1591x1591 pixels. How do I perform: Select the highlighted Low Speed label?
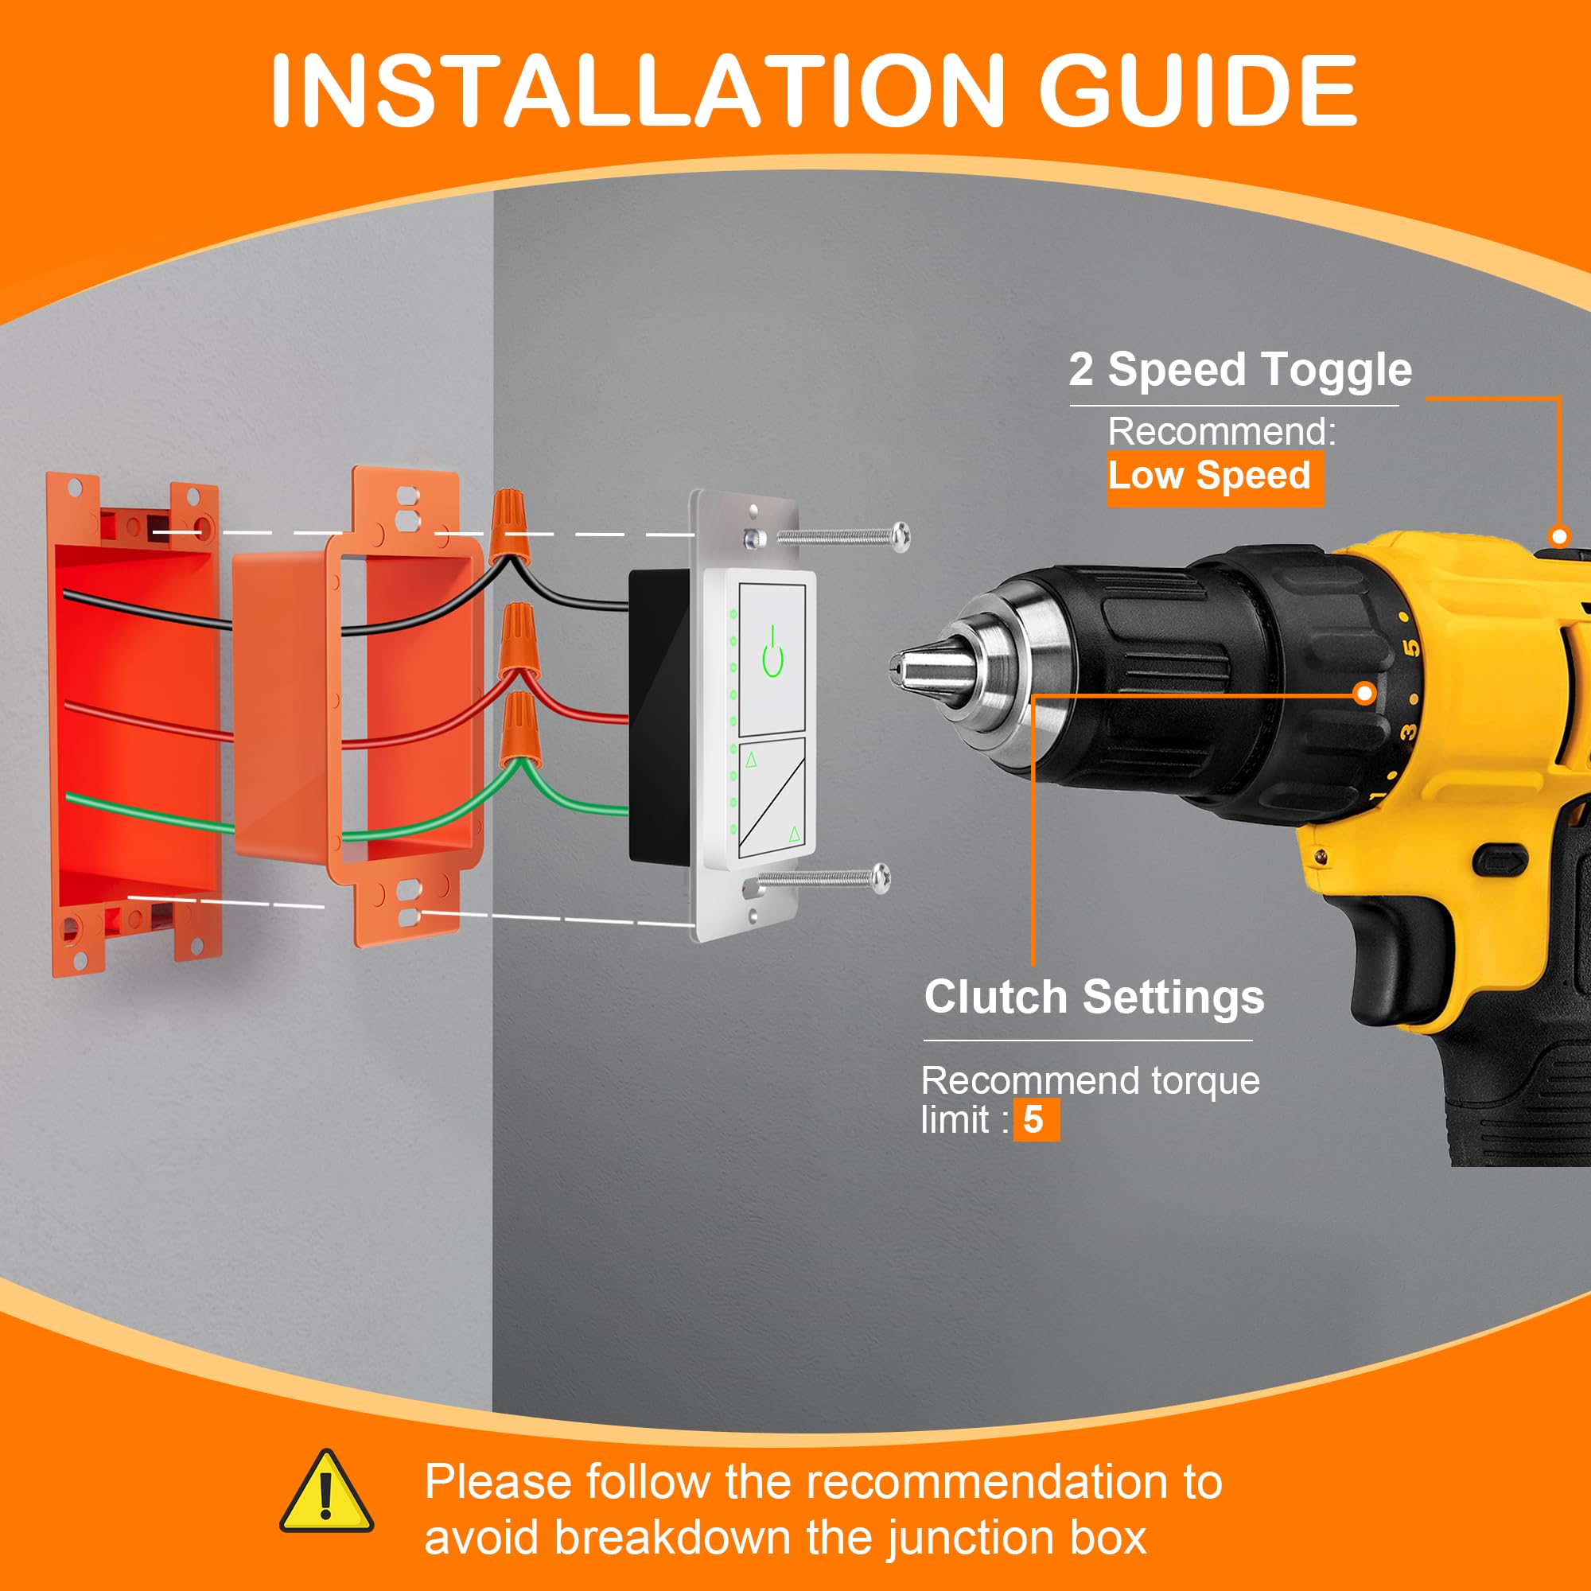coord(1215,477)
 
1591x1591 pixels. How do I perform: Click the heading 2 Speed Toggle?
coord(1240,370)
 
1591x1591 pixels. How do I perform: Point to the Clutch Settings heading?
coord(1094,998)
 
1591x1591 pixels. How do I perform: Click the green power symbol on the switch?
coord(772,652)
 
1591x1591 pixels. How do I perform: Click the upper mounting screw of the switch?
coord(827,538)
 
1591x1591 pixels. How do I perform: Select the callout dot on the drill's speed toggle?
coord(1559,537)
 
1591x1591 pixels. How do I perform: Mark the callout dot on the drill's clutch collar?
coord(1364,694)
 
